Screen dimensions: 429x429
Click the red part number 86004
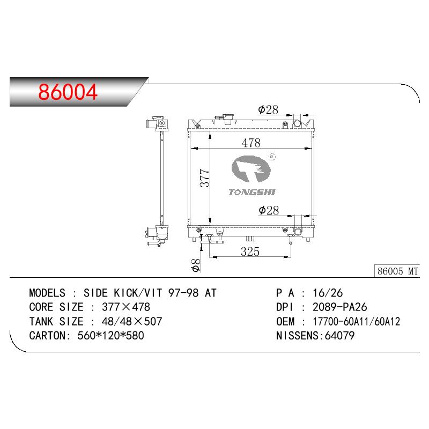click(x=68, y=92)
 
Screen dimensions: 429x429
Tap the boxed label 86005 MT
click(x=397, y=271)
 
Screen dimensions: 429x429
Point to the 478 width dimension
click(x=251, y=143)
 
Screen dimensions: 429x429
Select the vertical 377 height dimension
click(x=205, y=178)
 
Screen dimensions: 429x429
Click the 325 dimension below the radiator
click(x=250, y=252)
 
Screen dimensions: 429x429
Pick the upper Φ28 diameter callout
click(x=268, y=110)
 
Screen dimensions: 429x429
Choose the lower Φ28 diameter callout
click(x=269, y=210)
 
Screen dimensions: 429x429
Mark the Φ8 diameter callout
click(x=196, y=265)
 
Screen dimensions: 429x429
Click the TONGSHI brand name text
click(x=252, y=193)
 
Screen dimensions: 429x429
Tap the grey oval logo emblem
click(x=251, y=169)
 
